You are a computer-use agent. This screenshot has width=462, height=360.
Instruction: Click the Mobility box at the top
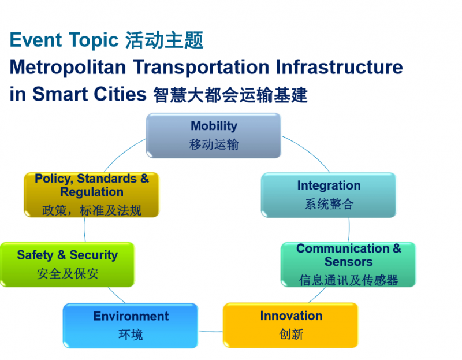214,135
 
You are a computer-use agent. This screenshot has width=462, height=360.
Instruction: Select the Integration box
329,195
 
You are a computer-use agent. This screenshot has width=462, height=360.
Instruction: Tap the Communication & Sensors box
348,265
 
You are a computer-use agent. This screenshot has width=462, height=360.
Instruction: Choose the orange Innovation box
291,325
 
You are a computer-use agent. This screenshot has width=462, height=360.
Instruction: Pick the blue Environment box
131,325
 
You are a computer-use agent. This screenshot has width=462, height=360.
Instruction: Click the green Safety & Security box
67,265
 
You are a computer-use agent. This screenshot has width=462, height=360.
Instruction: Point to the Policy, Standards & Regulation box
92,195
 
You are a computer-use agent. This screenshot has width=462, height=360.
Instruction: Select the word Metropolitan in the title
68,67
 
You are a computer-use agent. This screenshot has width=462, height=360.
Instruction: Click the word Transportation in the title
201,67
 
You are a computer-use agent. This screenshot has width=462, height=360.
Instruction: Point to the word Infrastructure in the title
339,67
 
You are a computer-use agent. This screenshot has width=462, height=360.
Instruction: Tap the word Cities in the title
120,94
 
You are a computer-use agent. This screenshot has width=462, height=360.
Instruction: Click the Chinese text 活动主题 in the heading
164,40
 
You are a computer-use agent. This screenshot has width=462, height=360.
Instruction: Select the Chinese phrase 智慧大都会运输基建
230,95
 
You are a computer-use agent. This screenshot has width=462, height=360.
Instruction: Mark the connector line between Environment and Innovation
210,332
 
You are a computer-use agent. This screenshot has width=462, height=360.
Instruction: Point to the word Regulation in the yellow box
92,192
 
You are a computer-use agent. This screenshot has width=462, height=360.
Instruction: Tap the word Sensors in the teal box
349,262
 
